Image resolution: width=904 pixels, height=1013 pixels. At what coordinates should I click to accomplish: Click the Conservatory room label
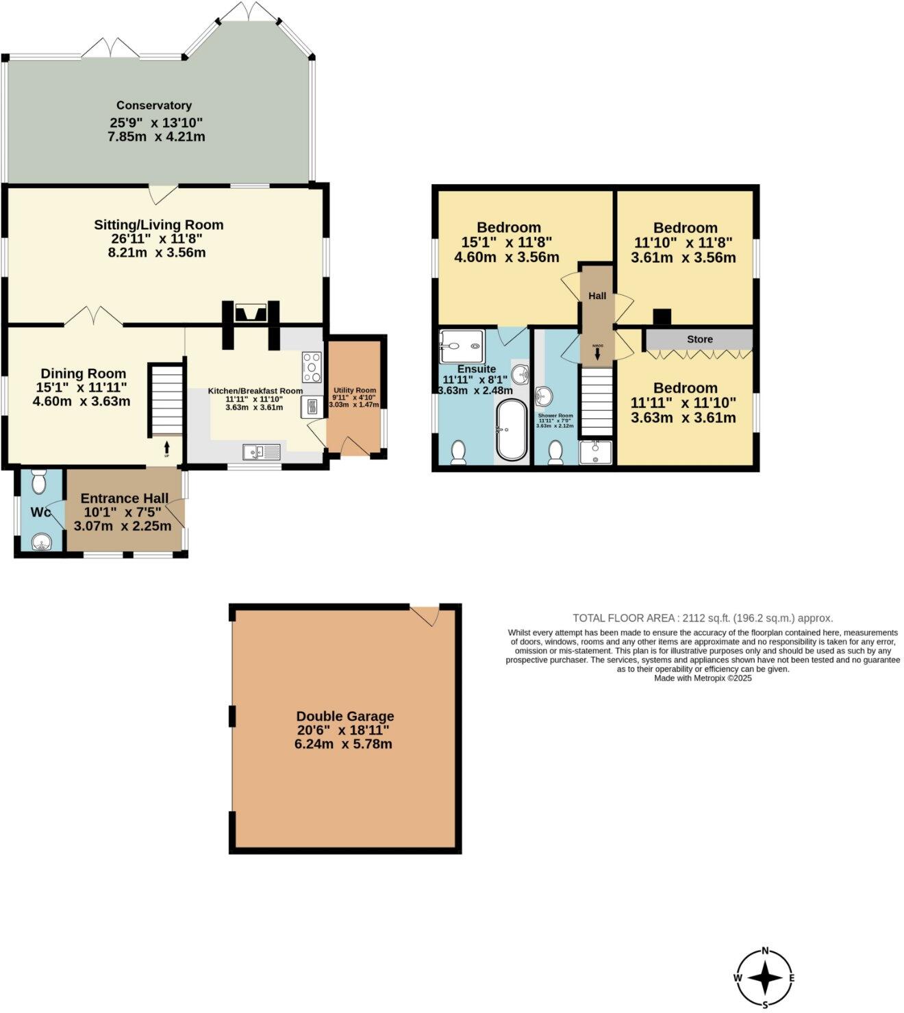point(153,105)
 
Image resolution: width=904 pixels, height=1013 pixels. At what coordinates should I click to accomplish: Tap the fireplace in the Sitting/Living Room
point(251,313)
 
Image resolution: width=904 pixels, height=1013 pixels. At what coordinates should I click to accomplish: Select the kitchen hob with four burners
point(312,367)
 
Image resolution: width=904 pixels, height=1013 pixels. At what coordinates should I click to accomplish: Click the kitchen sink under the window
point(261,452)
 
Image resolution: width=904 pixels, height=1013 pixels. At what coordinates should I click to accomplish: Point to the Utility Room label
point(355,390)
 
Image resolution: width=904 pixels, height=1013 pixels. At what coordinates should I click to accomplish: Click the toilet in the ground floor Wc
point(39,483)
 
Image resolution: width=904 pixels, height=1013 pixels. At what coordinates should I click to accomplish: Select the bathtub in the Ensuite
point(512,430)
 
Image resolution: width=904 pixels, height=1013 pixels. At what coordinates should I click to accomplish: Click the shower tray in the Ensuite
point(462,346)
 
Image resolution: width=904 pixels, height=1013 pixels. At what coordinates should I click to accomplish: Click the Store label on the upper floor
point(699,339)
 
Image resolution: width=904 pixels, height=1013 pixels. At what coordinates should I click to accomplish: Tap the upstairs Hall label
point(597,296)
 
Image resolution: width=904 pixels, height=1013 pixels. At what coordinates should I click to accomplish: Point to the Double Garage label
point(344,716)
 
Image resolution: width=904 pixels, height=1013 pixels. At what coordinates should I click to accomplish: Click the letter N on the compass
point(765,951)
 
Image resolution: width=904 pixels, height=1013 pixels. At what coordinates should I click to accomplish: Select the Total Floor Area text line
point(703,617)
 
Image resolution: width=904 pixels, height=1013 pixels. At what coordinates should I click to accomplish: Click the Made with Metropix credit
point(703,678)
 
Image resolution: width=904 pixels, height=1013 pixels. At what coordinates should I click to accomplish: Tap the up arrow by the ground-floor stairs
point(166,448)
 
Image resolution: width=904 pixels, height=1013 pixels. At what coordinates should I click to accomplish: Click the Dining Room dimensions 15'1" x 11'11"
point(81,387)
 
